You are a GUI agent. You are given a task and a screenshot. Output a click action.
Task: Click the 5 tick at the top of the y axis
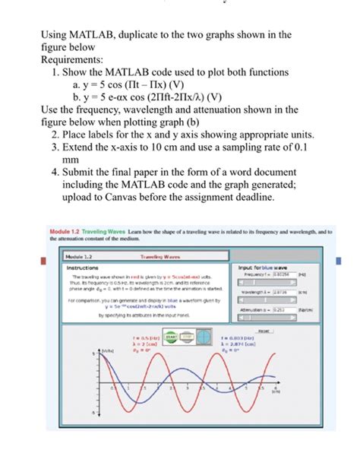(95, 355)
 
